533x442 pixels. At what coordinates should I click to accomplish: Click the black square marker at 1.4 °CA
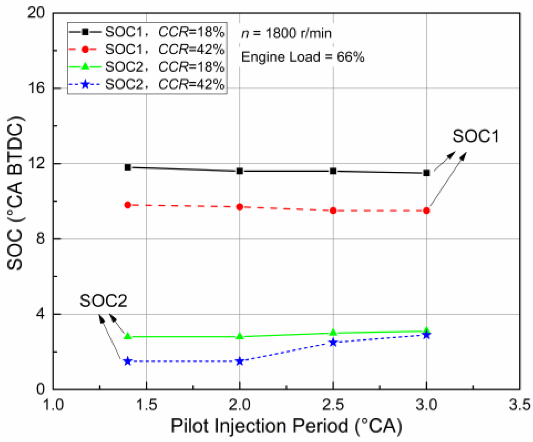(x=128, y=167)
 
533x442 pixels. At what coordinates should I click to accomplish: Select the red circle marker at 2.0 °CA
(x=240, y=207)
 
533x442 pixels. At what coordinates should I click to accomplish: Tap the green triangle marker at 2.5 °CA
(x=333, y=332)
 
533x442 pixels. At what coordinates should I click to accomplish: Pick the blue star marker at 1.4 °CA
(x=128, y=361)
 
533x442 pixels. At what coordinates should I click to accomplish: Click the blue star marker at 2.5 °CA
(x=333, y=342)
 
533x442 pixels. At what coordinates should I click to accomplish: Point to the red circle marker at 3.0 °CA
(x=426, y=210)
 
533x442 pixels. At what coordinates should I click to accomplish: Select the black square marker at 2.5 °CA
(x=333, y=171)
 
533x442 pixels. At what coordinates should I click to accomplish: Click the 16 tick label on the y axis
(x=36, y=88)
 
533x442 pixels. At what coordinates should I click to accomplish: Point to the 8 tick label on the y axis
(x=40, y=239)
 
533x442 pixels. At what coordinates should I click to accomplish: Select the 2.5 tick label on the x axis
(x=333, y=405)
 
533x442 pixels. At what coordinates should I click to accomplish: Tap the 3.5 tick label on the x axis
(x=519, y=405)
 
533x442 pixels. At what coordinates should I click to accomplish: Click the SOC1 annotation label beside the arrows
(x=475, y=136)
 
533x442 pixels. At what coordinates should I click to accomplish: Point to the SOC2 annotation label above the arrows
(x=103, y=301)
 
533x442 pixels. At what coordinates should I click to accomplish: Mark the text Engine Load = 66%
(x=303, y=57)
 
